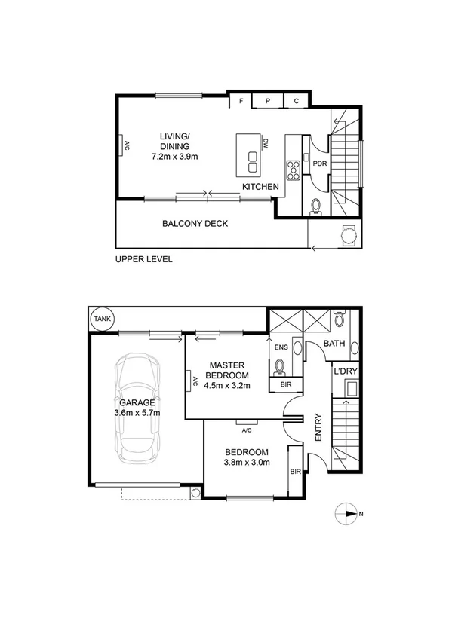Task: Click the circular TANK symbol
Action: point(100,319)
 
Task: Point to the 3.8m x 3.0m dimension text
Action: point(248,463)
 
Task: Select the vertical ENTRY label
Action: point(318,427)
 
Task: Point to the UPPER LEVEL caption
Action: point(144,259)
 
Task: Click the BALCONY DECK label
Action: point(195,224)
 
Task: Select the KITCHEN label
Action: point(260,186)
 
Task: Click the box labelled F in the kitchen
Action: point(241,101)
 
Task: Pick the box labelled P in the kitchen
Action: point(269,101)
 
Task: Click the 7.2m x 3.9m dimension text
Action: point(175,157)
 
